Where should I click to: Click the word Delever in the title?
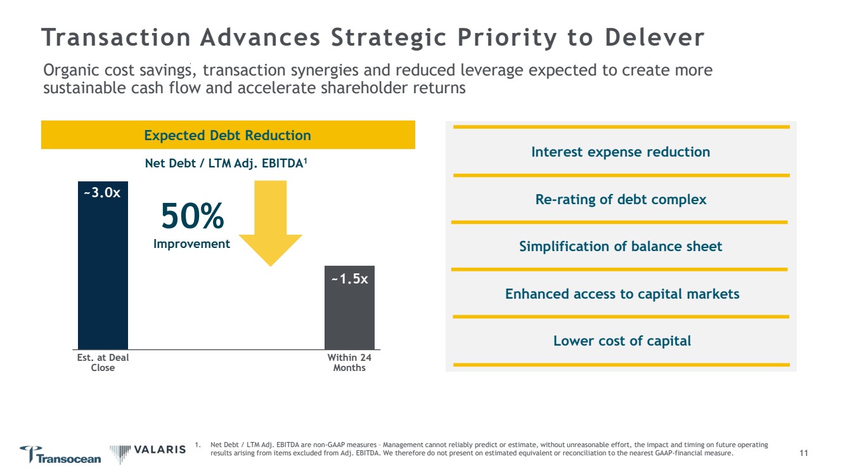point(654,38)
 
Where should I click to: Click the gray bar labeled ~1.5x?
point(349,317)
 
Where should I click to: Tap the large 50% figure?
point(192,217)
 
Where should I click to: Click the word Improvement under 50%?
point(192,244)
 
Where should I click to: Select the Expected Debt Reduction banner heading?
point(228,135)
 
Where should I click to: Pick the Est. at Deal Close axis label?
point(103,363)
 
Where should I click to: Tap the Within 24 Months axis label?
point(349,363)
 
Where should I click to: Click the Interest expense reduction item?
point(621,152)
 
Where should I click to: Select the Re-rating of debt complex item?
point(621,200)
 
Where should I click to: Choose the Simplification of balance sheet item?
point(621,247)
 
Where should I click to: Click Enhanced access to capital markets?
point(622,294)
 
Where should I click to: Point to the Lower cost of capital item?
point(622,341)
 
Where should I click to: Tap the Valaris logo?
point(148,450)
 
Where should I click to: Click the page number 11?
point(804,453)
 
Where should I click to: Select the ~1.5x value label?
point(349,278)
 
